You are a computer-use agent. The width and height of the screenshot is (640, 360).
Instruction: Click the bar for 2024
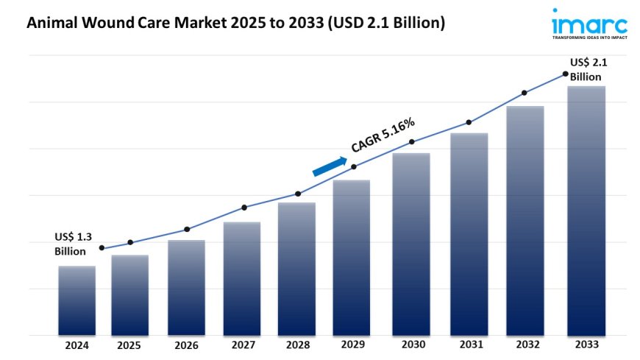(77, 300)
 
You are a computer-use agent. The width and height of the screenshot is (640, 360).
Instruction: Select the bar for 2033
(586, 211)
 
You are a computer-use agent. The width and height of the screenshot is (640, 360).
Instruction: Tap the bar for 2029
(352, 258)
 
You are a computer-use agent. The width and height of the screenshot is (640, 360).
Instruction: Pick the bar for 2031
(469, 234)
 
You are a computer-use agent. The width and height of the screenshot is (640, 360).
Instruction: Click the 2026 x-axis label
(186, 345)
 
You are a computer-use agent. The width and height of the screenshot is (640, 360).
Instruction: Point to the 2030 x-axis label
(412, 345)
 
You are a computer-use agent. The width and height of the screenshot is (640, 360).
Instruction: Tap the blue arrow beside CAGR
(330, 166)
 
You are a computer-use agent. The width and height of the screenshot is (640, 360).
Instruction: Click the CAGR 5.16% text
(383, 135)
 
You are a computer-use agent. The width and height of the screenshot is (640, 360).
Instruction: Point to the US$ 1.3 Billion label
(73, 244)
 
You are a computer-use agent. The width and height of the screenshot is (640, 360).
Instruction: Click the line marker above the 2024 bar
(102, 248)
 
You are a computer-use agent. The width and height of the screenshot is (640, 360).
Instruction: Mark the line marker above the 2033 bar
(565, 74)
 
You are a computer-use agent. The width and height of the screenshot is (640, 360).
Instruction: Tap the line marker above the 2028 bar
(298, 194)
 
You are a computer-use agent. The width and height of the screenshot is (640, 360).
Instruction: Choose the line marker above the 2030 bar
(412, 141)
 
